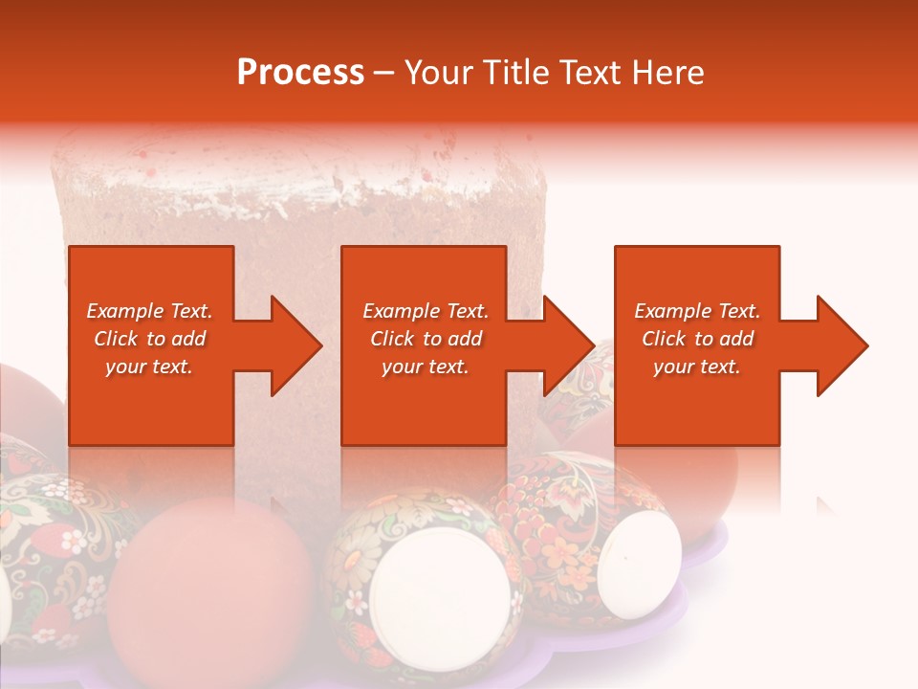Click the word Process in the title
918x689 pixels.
300,73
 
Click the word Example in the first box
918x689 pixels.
124,311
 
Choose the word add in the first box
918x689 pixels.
189,339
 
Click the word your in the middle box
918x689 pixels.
401,367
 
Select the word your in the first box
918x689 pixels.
125,367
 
